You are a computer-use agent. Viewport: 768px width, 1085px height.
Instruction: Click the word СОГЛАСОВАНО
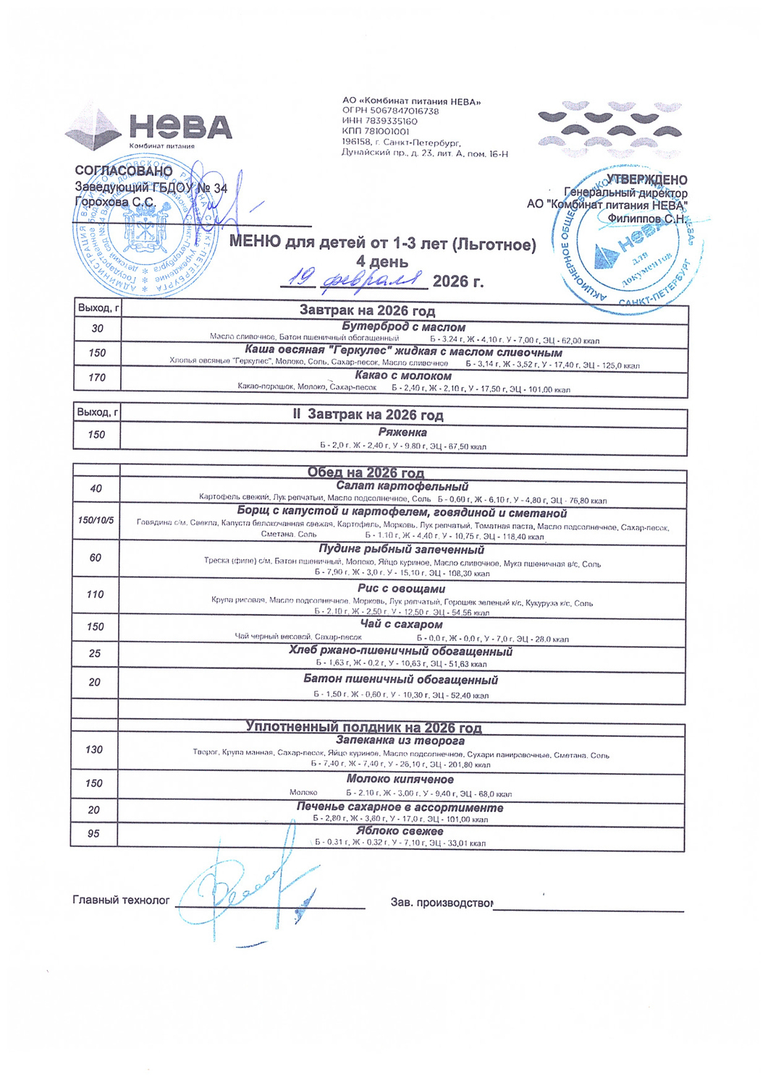click(x=124, y=171)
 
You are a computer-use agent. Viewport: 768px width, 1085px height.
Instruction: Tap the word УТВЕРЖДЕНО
click(x=646, y=179)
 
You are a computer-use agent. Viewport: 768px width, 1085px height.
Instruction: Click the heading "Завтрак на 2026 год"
click(x=367, y=311)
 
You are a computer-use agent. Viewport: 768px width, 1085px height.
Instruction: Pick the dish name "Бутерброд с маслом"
click(x=404, y=327)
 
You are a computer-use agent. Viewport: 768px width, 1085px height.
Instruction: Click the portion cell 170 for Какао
click(x=97, y=378)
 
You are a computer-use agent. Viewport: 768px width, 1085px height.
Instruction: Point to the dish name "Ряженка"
click(x=402, y=432)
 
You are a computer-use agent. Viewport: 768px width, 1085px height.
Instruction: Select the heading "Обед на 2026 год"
click(x=366, y=473)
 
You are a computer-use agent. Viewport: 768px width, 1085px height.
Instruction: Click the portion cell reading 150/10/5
click(x=96, y=521)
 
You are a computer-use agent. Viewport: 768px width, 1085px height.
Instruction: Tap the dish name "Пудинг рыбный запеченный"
click(x=401, y=550)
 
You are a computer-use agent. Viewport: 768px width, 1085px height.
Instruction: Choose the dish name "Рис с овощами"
click(x=401, y=589)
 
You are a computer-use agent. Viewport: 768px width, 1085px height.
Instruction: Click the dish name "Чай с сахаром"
click(x=401, y=624)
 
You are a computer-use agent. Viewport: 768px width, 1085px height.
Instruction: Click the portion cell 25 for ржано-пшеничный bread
click(x=95, y=653)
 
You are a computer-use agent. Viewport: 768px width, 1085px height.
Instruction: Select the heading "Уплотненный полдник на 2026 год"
click(x=363, y=728)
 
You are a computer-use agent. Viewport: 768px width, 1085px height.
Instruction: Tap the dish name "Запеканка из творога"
click(x=400, y=741)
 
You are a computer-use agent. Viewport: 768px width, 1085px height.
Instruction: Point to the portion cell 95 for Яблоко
click(x=93, y=833)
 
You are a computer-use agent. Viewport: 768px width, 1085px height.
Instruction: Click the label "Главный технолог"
click(x=121, y=900)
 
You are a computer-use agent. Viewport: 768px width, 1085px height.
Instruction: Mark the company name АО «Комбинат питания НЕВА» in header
click(x=411, y=102)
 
